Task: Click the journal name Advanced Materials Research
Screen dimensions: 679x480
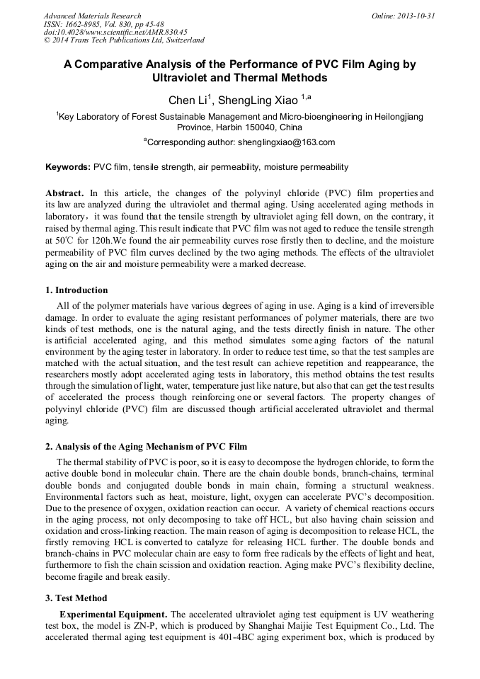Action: pos(92,16)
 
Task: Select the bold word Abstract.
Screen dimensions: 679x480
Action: pos(65,193)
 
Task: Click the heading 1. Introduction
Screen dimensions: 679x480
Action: pos(76,290)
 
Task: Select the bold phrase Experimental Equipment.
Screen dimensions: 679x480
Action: pos(113,613)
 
